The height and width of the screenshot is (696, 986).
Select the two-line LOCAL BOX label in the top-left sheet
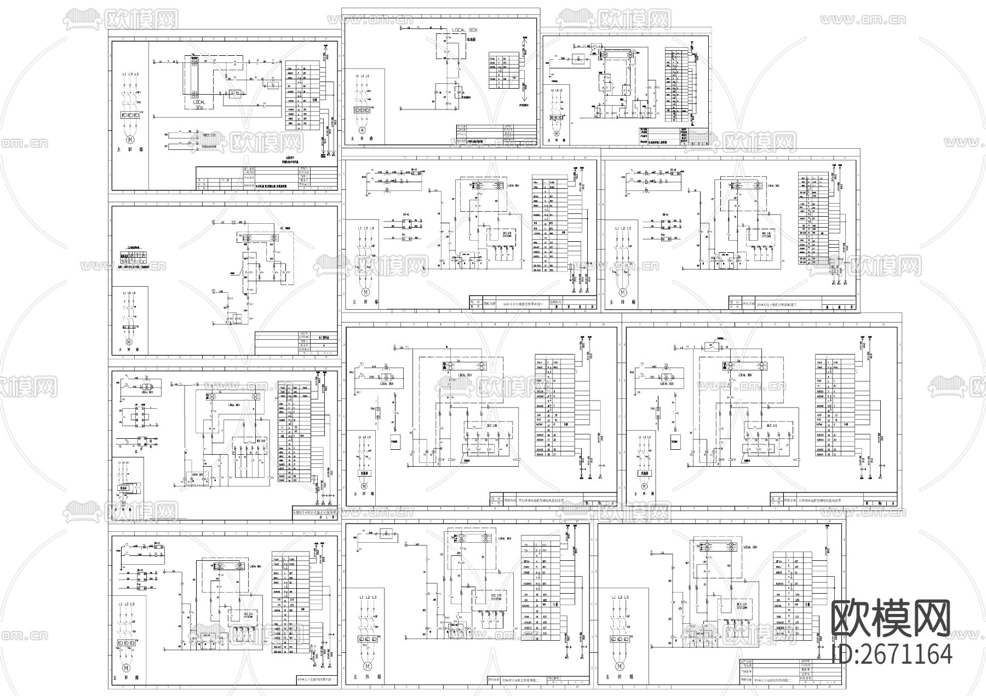(x=199, y=105)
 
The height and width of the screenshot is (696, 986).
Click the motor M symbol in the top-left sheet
(x=130, y=141)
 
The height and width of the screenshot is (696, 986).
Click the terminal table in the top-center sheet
(x=503, y=71)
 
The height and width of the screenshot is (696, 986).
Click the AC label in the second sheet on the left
(x=283, y=227)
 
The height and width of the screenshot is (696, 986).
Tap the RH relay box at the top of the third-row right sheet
(x=710, y=345)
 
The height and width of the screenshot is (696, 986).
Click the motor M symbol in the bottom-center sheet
(x=367, y=666)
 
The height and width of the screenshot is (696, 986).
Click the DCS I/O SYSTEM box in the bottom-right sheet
(x=741, y=606)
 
